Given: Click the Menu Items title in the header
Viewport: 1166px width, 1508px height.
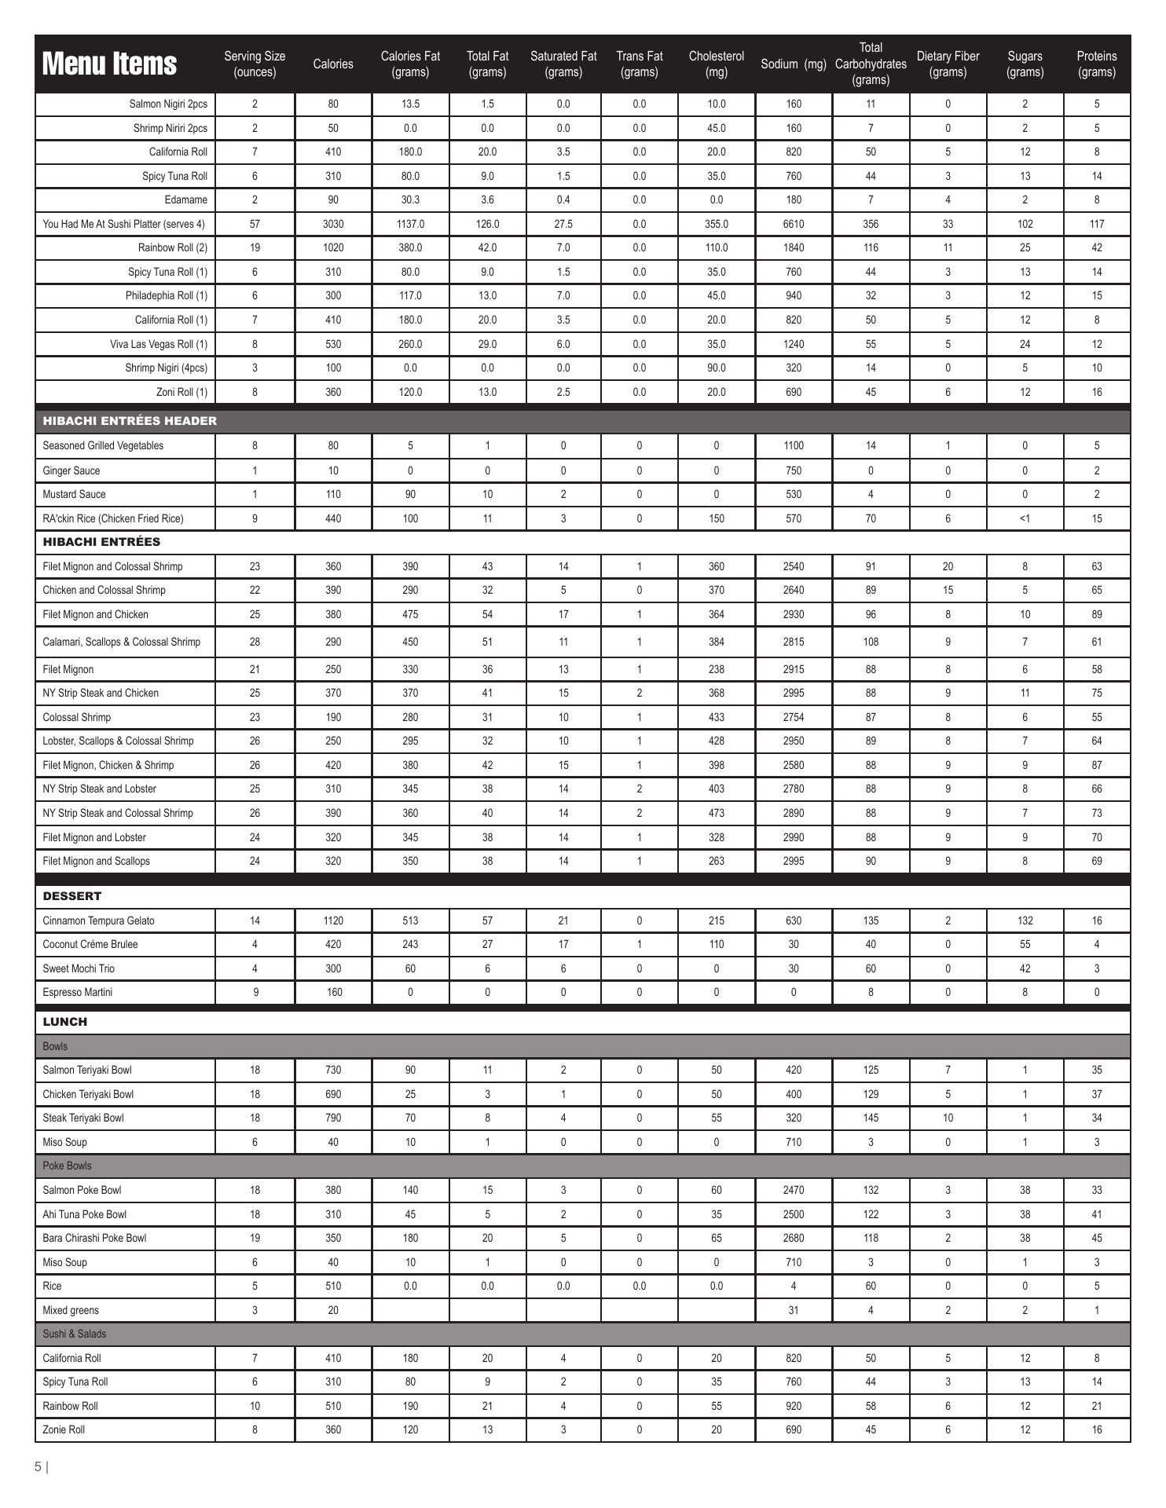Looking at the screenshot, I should click(109, 64).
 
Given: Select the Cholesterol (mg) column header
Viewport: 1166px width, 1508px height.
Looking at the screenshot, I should click(716, 64).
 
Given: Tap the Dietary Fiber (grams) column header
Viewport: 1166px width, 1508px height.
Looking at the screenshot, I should click(948, 64).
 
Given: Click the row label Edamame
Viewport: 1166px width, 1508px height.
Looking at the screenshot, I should click(186, 199).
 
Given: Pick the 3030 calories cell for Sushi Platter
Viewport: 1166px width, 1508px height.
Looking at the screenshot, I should click(333, 224).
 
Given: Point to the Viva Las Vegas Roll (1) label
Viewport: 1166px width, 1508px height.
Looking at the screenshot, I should click(159, 344).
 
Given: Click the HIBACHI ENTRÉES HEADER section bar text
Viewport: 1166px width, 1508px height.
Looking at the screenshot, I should click(130, 421).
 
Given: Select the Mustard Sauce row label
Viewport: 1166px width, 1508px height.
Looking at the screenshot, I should click(74, 494).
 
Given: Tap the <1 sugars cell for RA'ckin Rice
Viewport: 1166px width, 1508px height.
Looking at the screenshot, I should click(1025, 518).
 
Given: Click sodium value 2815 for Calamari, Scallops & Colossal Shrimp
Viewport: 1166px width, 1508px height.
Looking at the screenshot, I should click(794, 642).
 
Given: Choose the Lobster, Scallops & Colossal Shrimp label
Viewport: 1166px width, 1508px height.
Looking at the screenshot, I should click(118, 741).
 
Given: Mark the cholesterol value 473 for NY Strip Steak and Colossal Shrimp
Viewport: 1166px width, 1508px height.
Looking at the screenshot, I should click(716, 813).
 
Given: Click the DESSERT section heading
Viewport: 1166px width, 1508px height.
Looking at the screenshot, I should click(71, 896).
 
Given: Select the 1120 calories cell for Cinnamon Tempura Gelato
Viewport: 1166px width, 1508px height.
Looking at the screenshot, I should click(333, 921).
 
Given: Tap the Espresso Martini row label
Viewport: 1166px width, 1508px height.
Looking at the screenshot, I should click(77, 992).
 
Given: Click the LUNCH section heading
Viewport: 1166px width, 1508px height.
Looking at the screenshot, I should click(64, 1022).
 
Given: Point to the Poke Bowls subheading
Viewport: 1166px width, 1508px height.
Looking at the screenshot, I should click(67, 1166).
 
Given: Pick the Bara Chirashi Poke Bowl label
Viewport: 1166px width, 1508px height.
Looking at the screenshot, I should click(94, 1238).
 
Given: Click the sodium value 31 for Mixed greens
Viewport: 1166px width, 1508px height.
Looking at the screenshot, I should click(794, 1310).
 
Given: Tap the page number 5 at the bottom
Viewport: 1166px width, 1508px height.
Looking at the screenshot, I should click(38, 1466).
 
